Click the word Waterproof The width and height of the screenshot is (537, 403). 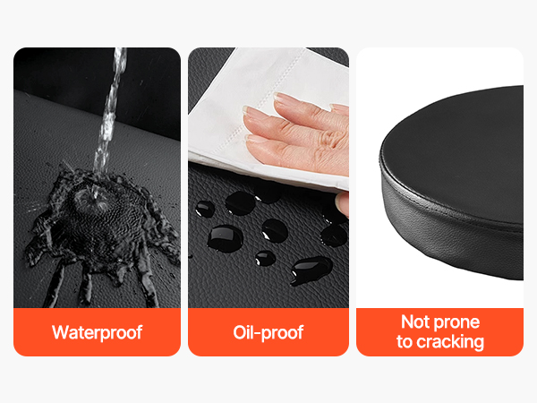97,332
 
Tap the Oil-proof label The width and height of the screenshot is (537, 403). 268,332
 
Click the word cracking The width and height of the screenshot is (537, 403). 450,342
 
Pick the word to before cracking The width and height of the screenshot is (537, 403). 405,342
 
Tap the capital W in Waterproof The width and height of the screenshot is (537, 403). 60,331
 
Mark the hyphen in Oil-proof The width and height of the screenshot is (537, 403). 256,333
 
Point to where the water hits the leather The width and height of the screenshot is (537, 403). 95,199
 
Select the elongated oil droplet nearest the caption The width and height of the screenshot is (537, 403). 311,270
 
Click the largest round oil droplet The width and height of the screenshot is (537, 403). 226,238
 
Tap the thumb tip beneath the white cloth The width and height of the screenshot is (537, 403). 342,203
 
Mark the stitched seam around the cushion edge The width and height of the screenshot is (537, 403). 445,208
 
